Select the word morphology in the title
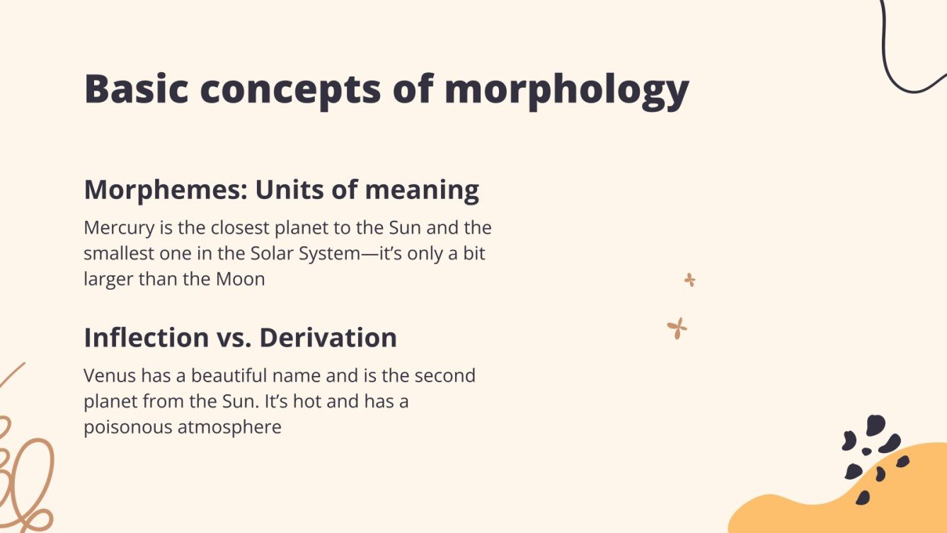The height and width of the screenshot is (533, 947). [x=566, y=91]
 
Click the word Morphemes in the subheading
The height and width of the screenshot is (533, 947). [x=166, y=190]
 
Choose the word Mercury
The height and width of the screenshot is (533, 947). [x=115, y=229]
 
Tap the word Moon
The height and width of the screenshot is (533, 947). [x=240, y=279]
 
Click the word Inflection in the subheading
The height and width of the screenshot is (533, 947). [x=147, y=338]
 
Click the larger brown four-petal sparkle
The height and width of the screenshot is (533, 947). [x=677, y=328]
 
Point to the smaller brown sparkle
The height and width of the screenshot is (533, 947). [x=689, y=280]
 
